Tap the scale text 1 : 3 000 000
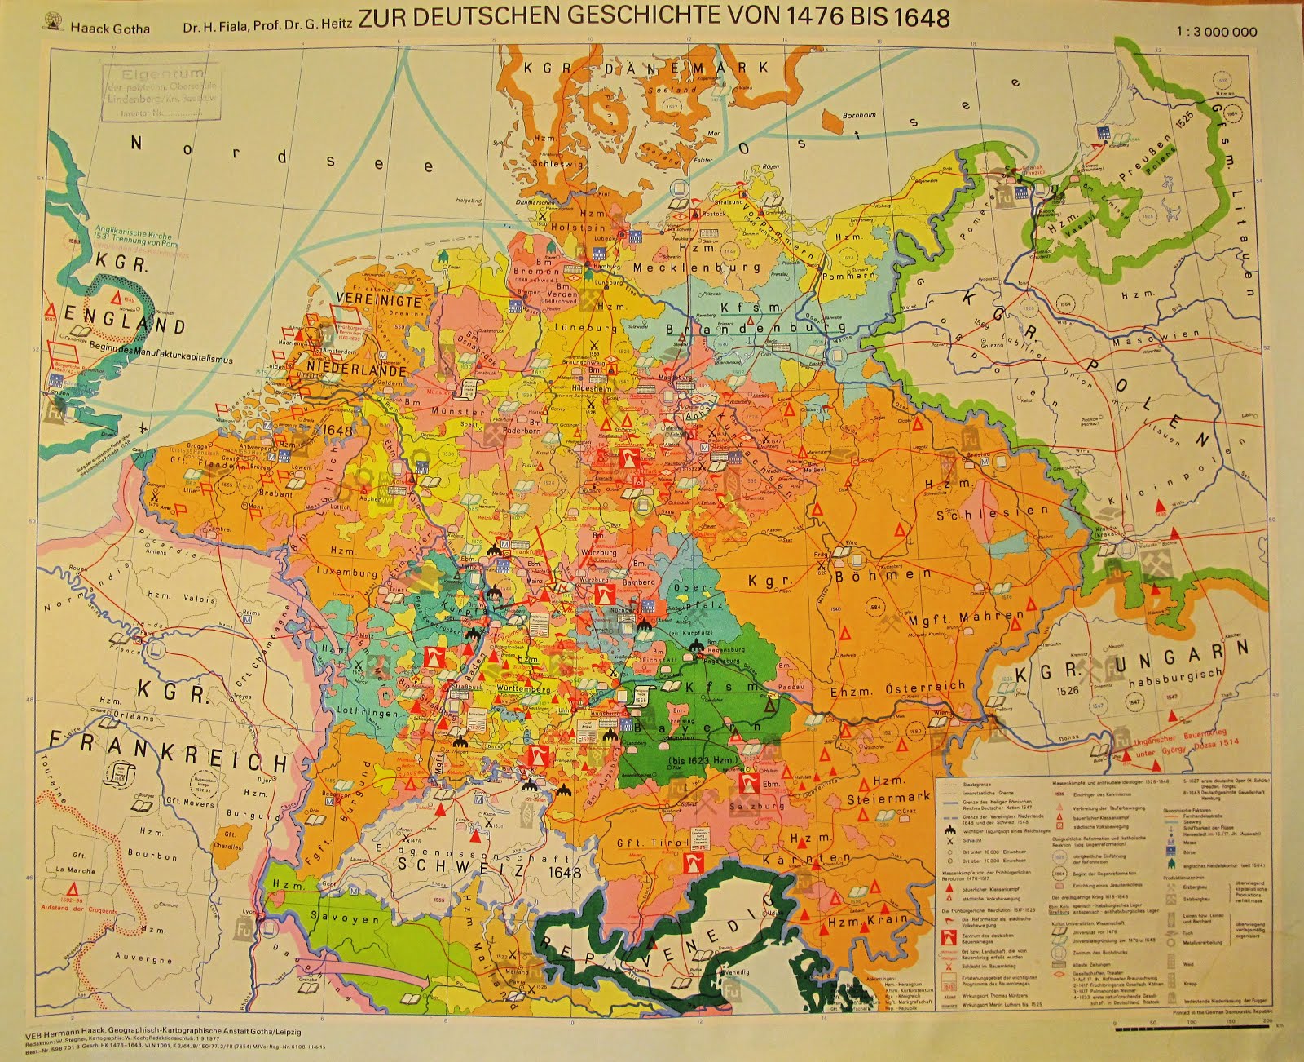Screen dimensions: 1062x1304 click(1217, 32)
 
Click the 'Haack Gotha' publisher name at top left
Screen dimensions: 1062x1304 click(110, 28)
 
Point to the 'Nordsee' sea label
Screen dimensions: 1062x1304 click(281, 155)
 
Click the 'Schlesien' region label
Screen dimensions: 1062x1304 click(992, 513)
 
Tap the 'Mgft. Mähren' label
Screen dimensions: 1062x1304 click(966, 617)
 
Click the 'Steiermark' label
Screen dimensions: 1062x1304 click(888, 798)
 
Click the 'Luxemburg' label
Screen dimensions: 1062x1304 click(347, 573)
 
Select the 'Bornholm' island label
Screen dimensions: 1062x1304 click(859, 115)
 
